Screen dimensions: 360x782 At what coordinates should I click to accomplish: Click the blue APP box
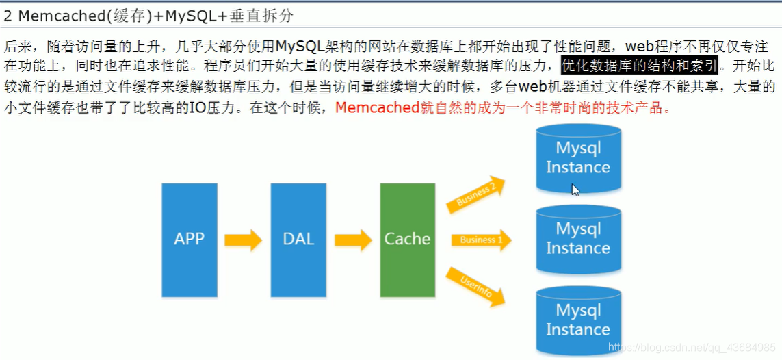[189, 240]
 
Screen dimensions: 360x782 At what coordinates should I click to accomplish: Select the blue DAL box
[298, 240]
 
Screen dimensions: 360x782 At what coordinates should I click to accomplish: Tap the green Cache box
[407, 240]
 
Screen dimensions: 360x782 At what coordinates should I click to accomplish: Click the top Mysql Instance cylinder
[578, 158]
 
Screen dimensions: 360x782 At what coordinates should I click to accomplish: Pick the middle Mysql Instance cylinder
[578, 239]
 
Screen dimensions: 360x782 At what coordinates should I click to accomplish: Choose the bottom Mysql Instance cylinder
[578, 320]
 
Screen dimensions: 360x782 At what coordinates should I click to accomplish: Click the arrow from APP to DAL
[244, 240]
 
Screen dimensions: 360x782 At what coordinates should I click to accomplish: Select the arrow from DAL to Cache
[352, 240]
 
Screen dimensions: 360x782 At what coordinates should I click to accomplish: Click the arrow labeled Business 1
[481, 240]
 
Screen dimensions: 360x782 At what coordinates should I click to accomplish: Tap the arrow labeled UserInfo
[476, 285]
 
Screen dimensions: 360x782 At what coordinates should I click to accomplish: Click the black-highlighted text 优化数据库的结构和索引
[639, 66]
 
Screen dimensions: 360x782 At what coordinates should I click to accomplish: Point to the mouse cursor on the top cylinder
[575, 190]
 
